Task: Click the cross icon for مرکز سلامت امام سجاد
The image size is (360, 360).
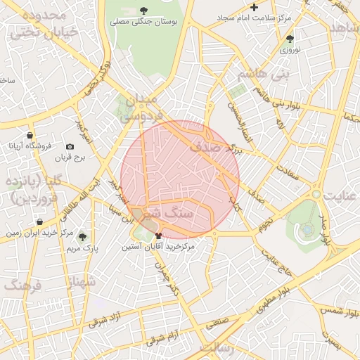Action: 255,7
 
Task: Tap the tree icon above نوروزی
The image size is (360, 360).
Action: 290,39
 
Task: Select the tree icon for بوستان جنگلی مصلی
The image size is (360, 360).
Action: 144,10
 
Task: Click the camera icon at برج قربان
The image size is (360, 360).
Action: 70,146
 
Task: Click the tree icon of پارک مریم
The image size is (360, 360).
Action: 83,237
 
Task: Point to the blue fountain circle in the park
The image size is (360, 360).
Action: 307,229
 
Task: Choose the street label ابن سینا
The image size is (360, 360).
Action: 118,210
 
